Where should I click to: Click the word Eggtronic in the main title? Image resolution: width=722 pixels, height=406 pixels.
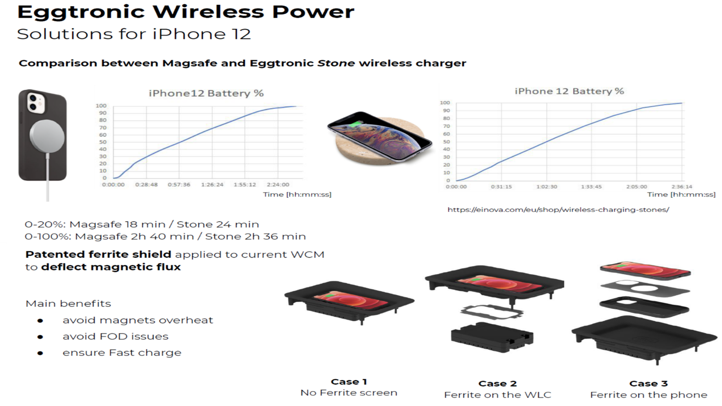click(81, 13)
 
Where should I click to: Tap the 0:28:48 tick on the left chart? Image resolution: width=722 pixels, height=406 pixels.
click(146, 185)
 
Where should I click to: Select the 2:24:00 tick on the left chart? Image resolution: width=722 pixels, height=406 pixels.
click(278, 185)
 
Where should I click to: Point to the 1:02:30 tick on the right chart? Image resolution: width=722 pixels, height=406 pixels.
click(547, 186)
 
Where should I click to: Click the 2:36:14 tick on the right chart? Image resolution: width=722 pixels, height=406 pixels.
click(682, 186)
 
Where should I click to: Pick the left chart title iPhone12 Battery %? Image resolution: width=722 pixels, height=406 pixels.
click(206, 94)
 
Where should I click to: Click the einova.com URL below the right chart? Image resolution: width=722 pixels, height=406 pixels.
click(558, 210)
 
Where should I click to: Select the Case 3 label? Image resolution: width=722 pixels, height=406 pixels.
click(648, 384)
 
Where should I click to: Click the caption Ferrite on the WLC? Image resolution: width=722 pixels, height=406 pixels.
click(498, 395)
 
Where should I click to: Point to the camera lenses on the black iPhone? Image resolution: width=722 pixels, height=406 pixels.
click(33, 102)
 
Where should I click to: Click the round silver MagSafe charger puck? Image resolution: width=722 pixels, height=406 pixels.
click(47, 136)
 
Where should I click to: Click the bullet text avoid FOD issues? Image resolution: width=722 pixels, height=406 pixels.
click(116, 337)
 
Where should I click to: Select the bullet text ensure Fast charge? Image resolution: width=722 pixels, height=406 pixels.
click(122, 353)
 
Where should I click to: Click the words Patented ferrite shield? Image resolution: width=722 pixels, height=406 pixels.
click(98, 255)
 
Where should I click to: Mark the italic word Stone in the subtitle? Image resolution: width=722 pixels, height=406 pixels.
click(336, 63)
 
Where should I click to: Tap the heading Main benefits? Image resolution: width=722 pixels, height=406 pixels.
click(68, 304)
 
